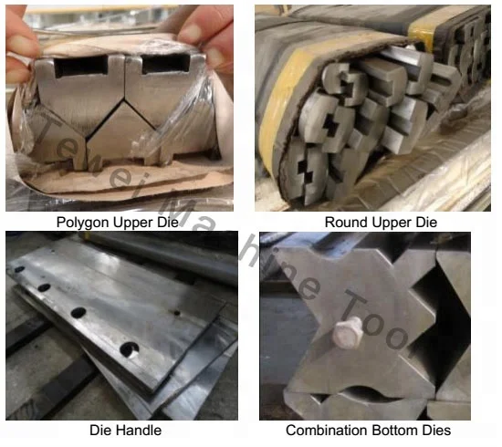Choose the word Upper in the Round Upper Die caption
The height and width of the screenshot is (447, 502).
click(392, 222)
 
